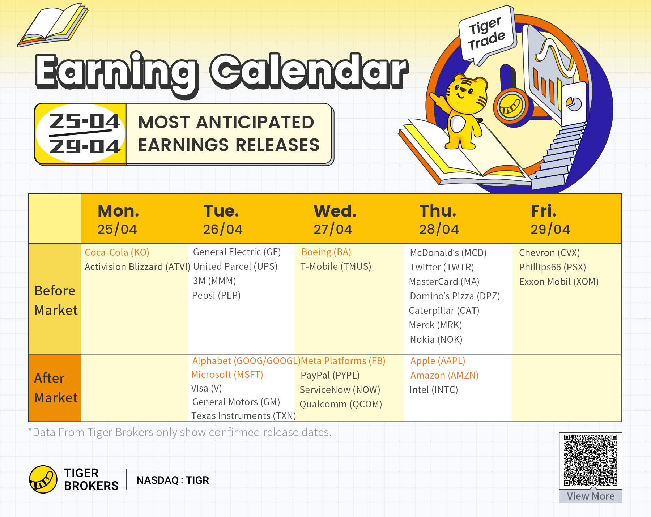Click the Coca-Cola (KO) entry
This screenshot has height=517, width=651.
point(117,252)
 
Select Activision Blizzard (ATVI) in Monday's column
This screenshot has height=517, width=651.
point(137,267)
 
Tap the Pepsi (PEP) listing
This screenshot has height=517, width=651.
point(216,295)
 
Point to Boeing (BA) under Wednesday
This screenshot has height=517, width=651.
point(326,252)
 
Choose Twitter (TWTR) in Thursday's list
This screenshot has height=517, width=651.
point(442,267)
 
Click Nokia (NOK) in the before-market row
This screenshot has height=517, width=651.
point(436,339)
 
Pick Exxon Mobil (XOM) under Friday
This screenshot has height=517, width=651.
point(559,282)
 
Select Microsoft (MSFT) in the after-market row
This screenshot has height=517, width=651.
point(227,375)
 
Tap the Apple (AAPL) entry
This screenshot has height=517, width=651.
point(438,361)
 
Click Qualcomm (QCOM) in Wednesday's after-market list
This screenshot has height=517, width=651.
point(341,404)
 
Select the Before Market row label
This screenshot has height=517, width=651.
point(56,300)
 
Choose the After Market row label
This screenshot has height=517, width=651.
point(56,388)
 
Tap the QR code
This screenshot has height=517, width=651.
point(591,460)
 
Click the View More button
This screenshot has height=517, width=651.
point(591,496)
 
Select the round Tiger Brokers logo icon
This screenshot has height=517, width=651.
point(43,479)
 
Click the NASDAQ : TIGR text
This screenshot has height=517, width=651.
point(173,480)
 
